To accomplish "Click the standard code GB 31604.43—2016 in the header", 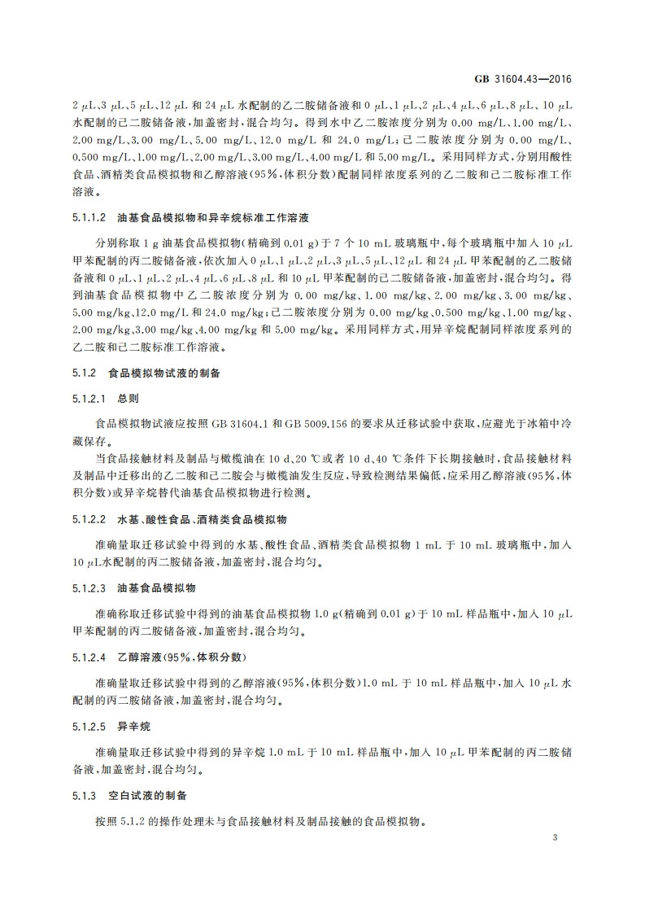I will tap(531, 79).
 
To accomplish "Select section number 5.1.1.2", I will tap(89, 219).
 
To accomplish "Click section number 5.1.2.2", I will tap(89, 518).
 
